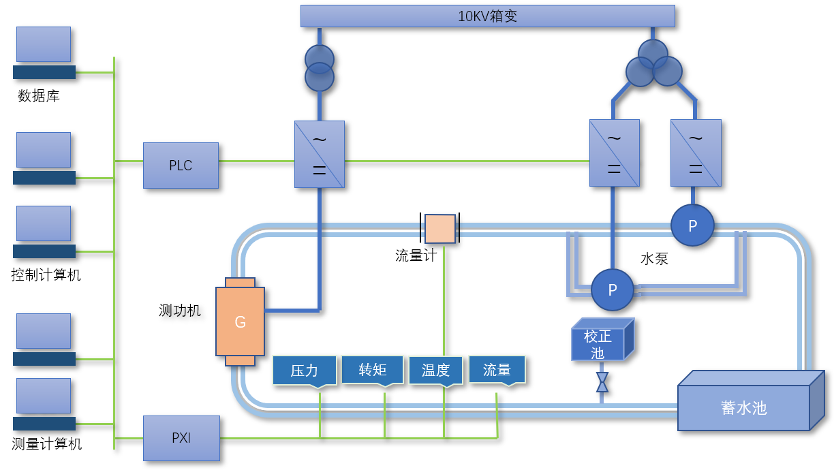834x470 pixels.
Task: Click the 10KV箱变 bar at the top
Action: (x=487, y=16)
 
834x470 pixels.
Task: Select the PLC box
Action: (x=181, y=166)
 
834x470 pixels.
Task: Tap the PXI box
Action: (x=181, y=438)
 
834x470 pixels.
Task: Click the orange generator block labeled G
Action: (x=240, y=322)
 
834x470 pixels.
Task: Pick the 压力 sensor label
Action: (x=305, y=371)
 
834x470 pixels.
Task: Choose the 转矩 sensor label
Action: (x=373, y=370)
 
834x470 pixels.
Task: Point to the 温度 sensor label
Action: (x=435, y=371)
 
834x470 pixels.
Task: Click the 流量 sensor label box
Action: (x=497, y=370)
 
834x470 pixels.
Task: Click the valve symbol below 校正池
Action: (x=602, y=382)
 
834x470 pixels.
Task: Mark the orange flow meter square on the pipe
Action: (x=440, y=229)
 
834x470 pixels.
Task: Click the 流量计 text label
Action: (x=416, y=255)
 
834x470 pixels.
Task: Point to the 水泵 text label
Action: (x=654, y=259)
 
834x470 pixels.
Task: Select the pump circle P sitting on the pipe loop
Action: (x=692, y=225)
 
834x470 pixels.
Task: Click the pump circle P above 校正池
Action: (x=612, y=290)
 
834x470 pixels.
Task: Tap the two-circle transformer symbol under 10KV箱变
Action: (x=319, y=68)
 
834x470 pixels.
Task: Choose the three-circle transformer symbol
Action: (x=653, y=63)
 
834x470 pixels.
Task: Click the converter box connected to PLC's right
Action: (x=320, y=155)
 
